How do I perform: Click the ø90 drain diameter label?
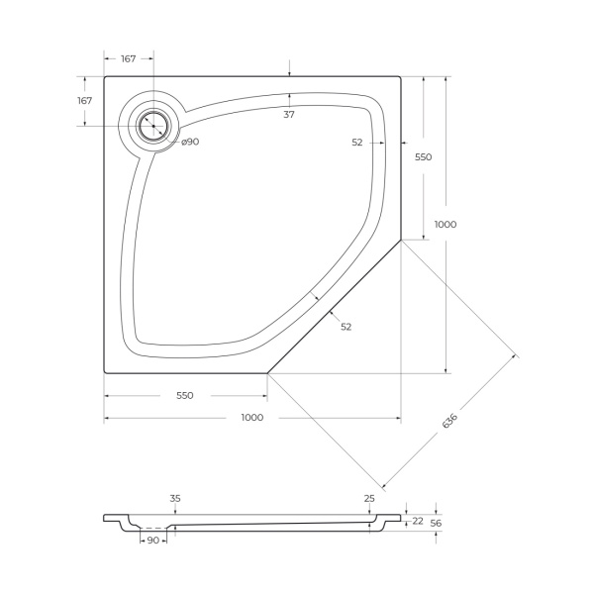click(x=190, y=142)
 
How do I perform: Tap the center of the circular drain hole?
click(x=153, y=125)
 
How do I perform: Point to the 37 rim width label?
click(x=289, y=114)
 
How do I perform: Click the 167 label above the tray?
click(x=129, y=59)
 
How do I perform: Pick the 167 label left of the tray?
click(x=84, y=101)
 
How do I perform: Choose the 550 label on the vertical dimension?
click(x=423, y=156)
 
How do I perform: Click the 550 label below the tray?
click(x=184, y=395)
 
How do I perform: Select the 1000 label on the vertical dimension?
click(x=445, y=224)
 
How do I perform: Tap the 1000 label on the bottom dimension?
click(x=251, y=417)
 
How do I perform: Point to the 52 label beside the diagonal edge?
click(x=346, y=326)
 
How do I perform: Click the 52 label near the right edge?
click(x=356, y=143)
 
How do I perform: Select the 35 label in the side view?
click(x=175, y=498)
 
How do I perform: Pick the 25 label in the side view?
click(x=369, y=498)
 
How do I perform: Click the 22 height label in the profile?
click(x=418, y=521)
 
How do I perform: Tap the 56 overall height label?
click(x=435, y=523)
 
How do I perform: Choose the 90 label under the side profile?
click(x=153, y=541)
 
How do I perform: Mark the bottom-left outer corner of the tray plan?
click(x=105, y=372)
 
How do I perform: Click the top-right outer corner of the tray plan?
click(x=400, y=76)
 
